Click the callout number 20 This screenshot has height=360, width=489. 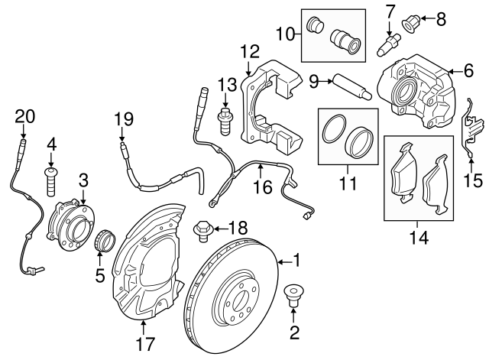(25, 116)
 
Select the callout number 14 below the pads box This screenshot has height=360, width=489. (417, 237)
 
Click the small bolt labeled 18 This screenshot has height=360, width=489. (202, 228)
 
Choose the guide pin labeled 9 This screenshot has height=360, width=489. (352, 86)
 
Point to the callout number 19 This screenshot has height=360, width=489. (124, 120)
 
